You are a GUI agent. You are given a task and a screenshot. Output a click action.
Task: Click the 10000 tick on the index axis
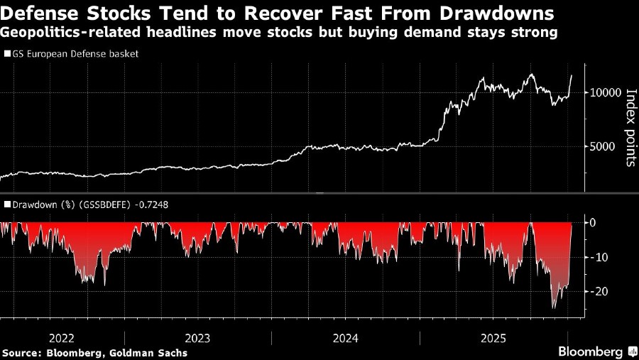click(x=603, y=92)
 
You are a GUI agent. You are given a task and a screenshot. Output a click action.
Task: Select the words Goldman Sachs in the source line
click(x=155, y=352)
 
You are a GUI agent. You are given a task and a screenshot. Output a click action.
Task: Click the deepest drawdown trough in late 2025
click(x=554, y=307)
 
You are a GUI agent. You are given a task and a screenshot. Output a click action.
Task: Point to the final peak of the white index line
click(x=572, y=75)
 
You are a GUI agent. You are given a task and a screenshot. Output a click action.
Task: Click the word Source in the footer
click(x=21, y=352)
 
